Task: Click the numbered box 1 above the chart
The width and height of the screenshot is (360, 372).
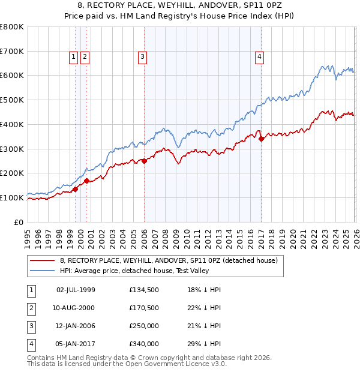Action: pyautogui.click(x=73, y=57)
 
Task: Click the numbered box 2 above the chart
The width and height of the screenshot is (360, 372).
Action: pyautogui.click(x=85, y=57)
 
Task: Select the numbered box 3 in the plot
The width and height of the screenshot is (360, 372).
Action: pyautogui.click(x=143, y=57)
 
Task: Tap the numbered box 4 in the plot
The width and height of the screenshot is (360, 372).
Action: pyautogui.click(x=260, y=57)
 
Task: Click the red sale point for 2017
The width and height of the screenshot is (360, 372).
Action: pyautogui.click(x=262, y=139)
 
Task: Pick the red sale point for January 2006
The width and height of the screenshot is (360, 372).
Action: pyautogui.click(x=144, y=161)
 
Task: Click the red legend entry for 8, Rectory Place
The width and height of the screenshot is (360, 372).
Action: pyautogui.click(x=169, y=261)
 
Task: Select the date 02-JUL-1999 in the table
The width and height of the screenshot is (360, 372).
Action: pyautogui.click(x=76, y=290)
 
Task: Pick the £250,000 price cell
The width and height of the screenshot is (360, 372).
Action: pyautogui.click(x=144, y=327)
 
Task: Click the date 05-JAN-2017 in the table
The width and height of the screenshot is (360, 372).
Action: pyautogui.click(x=76, y=344)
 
